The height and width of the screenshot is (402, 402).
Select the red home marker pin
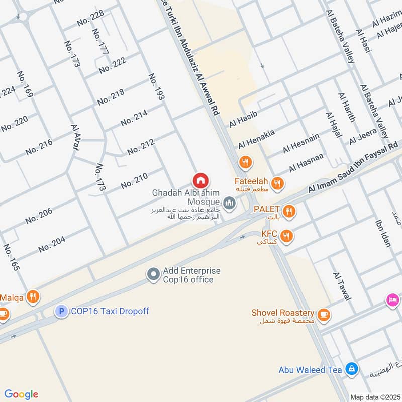point(200,180)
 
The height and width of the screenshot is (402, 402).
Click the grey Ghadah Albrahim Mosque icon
point(230,203)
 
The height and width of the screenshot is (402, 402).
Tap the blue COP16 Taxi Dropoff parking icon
point(61,312)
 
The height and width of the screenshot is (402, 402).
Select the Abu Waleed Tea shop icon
point(352,370)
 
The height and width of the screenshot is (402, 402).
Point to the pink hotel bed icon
point(393,300)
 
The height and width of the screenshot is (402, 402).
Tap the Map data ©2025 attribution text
point(374,397)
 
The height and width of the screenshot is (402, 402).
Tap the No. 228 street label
point(90,19)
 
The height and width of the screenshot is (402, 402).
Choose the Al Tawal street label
point(341,286)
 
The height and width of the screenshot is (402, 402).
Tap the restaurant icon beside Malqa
point(33,296)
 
